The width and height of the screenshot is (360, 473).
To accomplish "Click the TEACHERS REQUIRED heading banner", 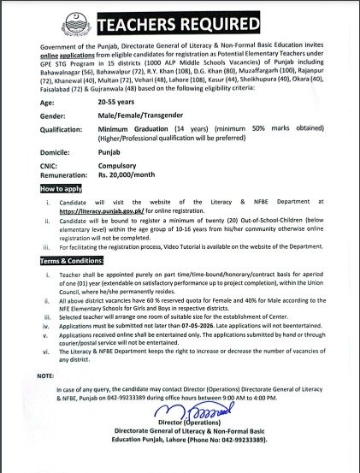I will (x=180, y=21).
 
